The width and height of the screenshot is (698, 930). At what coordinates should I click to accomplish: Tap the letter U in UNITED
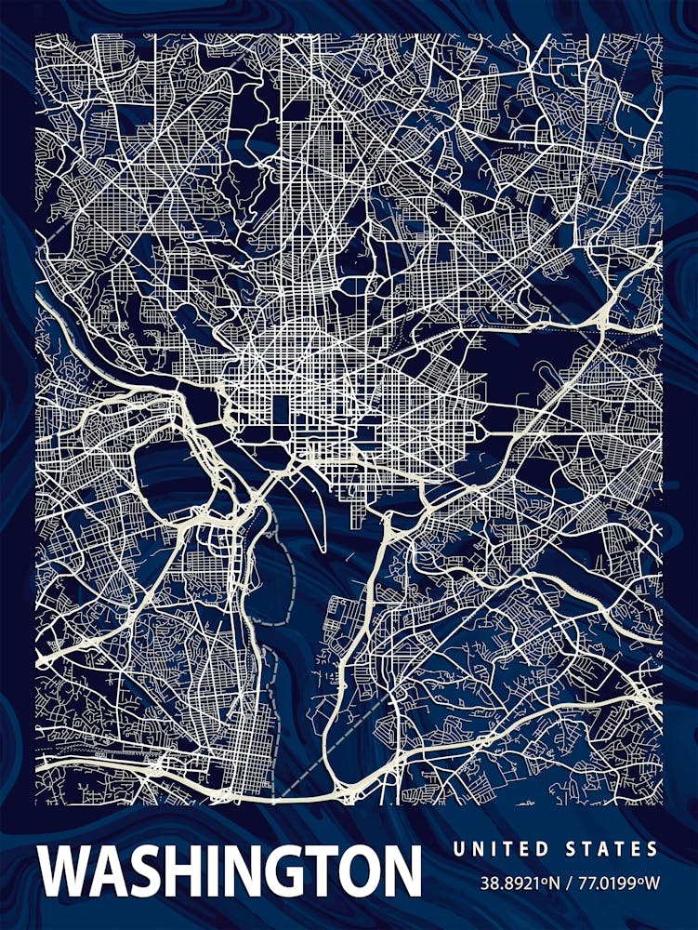coord(458,849)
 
